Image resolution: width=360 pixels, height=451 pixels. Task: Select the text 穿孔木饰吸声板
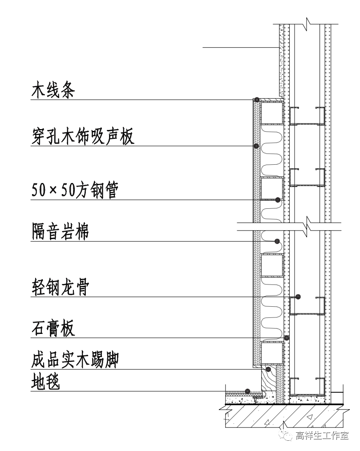83,137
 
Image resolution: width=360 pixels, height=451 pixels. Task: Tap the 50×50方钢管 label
74,191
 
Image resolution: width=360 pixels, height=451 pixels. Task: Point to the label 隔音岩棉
60,232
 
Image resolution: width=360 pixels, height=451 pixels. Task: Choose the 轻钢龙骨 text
60,288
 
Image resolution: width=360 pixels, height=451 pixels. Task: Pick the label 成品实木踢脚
75,360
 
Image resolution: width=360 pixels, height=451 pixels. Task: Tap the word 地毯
46,382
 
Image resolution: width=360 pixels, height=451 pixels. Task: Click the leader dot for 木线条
256,99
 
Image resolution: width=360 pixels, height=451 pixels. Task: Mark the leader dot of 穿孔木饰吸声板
256,146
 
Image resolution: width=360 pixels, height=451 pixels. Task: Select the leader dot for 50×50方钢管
278,199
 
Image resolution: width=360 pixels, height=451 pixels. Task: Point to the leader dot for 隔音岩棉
277,241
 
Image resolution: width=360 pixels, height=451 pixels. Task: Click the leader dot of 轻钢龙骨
298,297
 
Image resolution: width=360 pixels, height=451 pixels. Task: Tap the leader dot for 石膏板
287,337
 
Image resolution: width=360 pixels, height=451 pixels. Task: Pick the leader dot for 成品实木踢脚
268,369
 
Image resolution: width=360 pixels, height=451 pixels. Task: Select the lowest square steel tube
272,353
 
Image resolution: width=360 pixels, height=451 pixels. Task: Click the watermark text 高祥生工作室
322,435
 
